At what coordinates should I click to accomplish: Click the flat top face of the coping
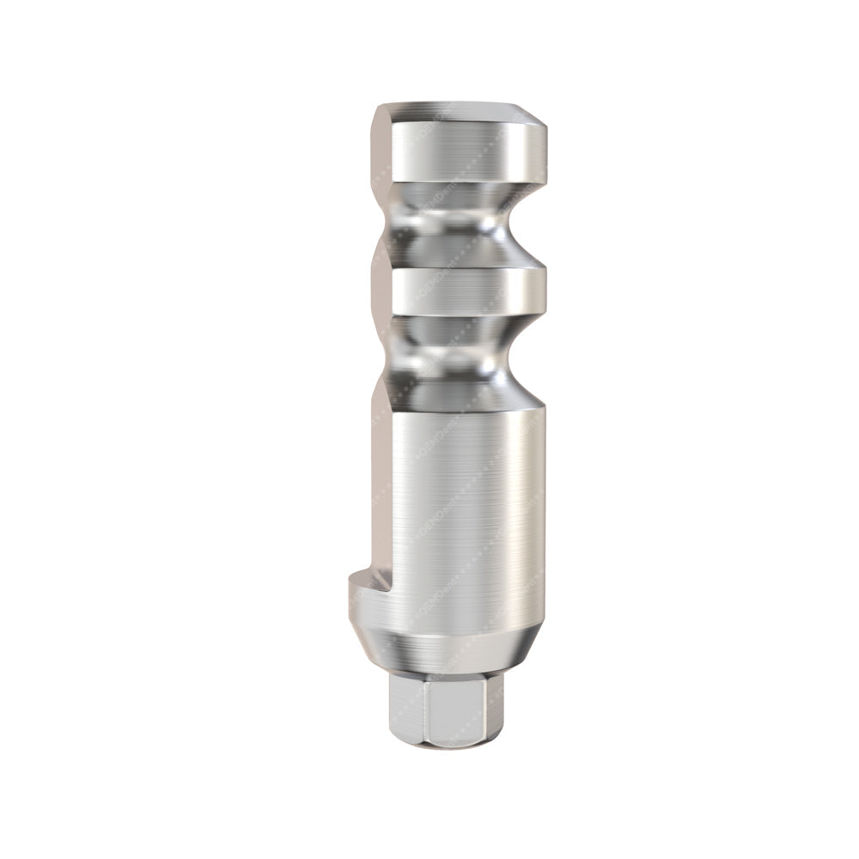click(x=455, y=110)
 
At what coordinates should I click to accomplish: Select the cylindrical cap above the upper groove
click(x=464, y=151)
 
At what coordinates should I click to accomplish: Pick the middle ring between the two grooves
click(x=464, y=292)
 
